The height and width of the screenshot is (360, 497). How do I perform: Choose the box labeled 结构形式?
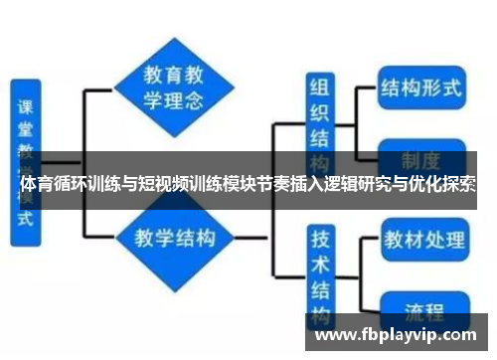point(421,88)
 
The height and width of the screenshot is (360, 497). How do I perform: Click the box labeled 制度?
point(421,159)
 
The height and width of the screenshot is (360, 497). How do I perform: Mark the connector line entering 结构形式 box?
point(360,88)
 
